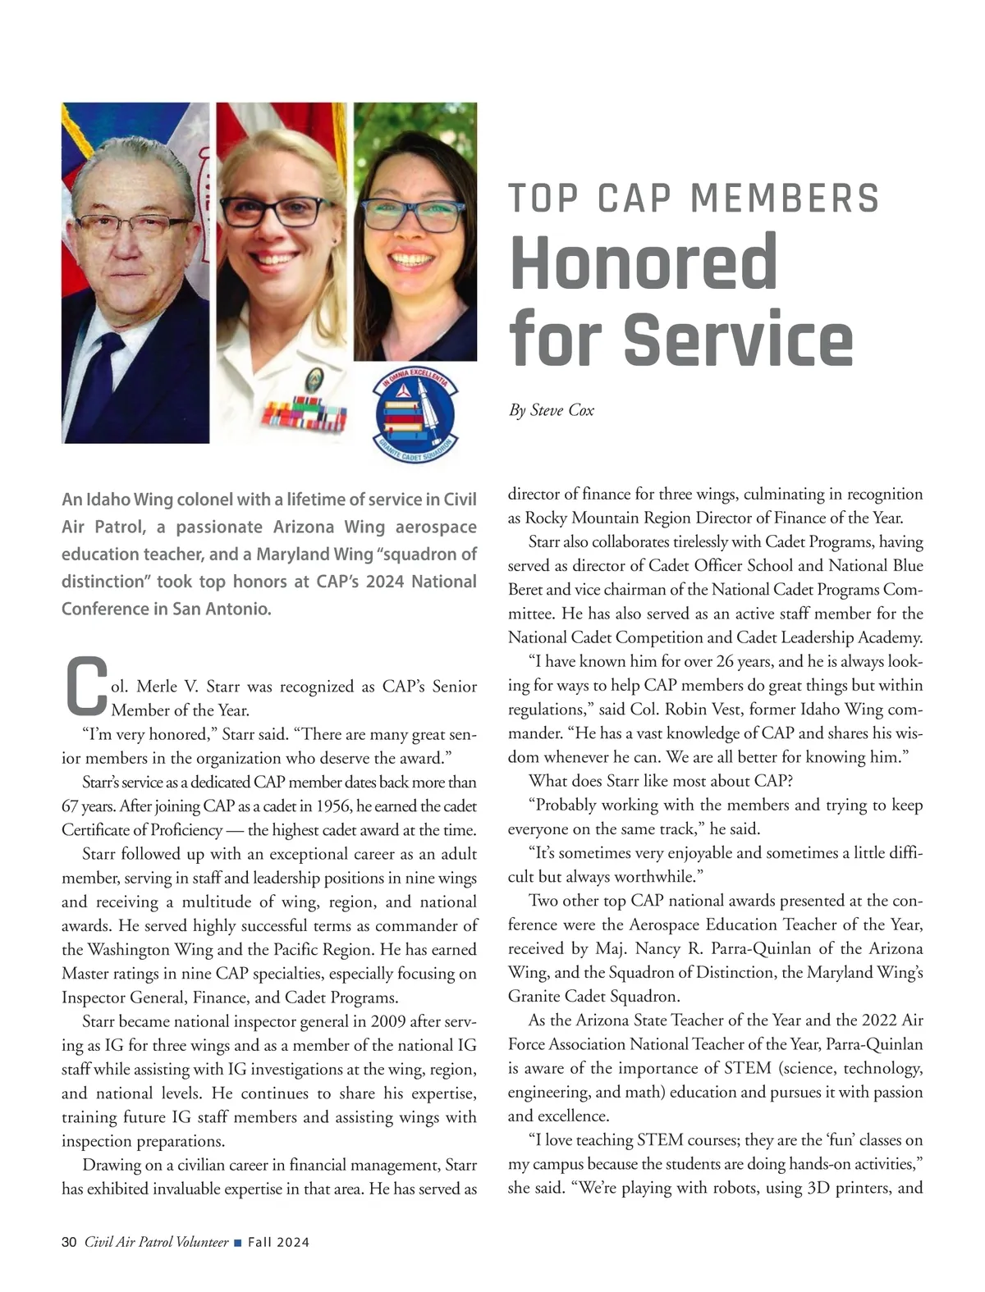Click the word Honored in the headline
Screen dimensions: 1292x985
(644, 262)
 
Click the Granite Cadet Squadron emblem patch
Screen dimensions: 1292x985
(415, 416)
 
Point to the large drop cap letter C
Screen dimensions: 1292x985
(85, 686)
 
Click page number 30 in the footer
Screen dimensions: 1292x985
(69, 1242)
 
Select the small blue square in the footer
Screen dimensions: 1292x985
(237, 1243)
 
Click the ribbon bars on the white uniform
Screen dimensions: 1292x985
(303, 413)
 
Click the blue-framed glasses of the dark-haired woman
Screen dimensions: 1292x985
(412, 215)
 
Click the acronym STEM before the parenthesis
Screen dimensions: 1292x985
(747, 1068)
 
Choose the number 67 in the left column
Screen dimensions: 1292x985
(70, 806)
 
